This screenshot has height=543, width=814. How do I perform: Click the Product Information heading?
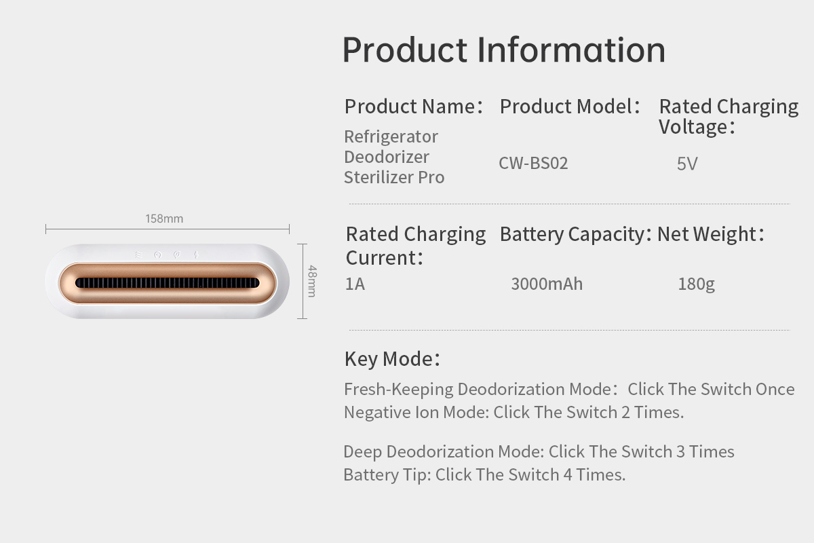(x=504, y=50)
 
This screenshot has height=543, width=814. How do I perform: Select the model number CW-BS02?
(x=533, y=164)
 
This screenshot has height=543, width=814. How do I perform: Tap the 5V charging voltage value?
(x=687, y=164)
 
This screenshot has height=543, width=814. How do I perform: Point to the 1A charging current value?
(x=355, y=284)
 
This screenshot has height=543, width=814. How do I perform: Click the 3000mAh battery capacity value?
(x=547, y=284)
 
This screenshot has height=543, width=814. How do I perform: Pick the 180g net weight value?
(x=696, y=284)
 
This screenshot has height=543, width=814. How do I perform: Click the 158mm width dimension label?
(x=164, y=219)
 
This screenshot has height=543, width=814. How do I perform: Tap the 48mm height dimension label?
(x=312, y=281)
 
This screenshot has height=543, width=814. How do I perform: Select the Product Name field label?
(x=414, y=107)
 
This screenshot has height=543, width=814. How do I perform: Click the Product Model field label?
(x=570, y=107)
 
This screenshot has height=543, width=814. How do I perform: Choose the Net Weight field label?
(x=711, y=234)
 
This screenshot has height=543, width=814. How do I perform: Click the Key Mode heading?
(x=393, y=359)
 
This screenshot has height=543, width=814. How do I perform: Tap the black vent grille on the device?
(x=167, y=283)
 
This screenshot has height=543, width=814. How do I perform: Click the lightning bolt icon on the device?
(x=196, y=255)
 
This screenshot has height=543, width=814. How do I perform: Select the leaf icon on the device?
(x=176, y=255)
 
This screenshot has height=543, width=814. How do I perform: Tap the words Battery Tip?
(x=387, y=475)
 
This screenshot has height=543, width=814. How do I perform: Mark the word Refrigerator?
(x=391, y=137)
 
